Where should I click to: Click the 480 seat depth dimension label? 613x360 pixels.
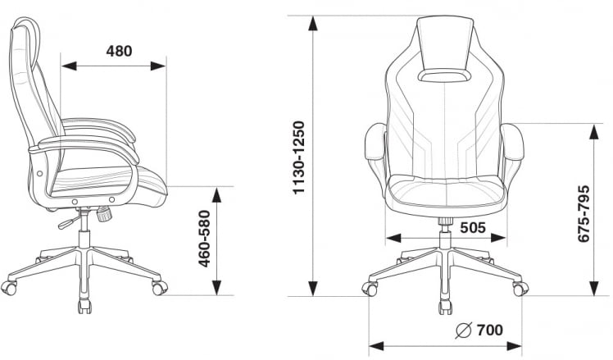tap(119, 51)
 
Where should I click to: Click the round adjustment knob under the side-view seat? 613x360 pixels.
tap(104, 216)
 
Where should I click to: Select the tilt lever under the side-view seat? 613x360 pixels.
tap(66, 222)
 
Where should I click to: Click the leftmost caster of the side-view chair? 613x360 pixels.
tap(10, 288)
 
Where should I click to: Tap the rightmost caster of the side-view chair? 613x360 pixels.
tap(159, 288)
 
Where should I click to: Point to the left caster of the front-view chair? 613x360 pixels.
tap(370, 289)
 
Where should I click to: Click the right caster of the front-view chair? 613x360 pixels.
tap(520, 289)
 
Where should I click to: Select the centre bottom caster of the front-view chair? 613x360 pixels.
tap(445, 307)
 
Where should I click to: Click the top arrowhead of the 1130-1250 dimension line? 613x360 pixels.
tap(312, 22)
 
